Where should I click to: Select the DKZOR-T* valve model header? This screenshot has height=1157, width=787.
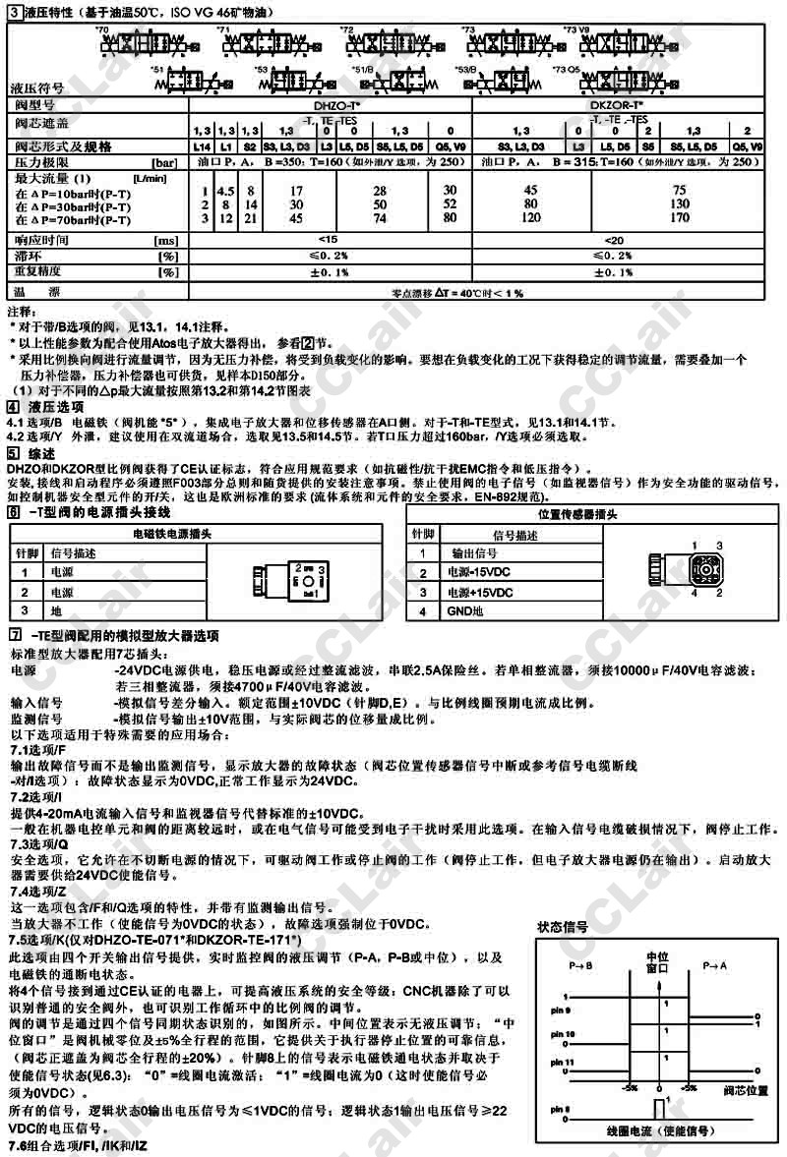click(x=618, y=103)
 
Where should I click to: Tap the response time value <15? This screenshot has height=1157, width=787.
click(x=329, y=240)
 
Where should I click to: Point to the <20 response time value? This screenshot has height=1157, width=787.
click(x=618, y=240)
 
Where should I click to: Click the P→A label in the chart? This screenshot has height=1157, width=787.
click(x=715, y=967)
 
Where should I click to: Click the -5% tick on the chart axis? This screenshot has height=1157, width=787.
click(x=630, y=1088)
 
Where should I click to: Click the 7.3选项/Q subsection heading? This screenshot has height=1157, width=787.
click(x=37, y=842)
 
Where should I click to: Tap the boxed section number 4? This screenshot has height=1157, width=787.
click(x=12, y=406)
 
